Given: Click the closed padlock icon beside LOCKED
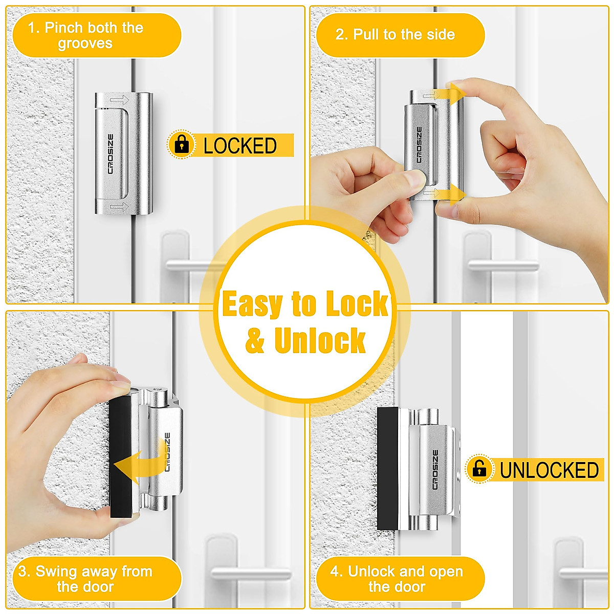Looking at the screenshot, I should (181, 145).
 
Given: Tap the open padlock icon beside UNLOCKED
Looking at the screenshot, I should (479, 468).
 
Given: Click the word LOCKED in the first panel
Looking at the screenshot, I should (240, 146).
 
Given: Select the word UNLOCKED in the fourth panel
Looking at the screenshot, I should (549, 470).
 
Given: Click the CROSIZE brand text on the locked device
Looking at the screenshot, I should (111, 154).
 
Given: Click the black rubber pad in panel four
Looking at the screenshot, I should (387, 468).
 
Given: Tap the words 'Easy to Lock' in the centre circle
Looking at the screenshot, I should (305, 304).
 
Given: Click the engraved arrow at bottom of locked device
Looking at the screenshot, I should (119, 206).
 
